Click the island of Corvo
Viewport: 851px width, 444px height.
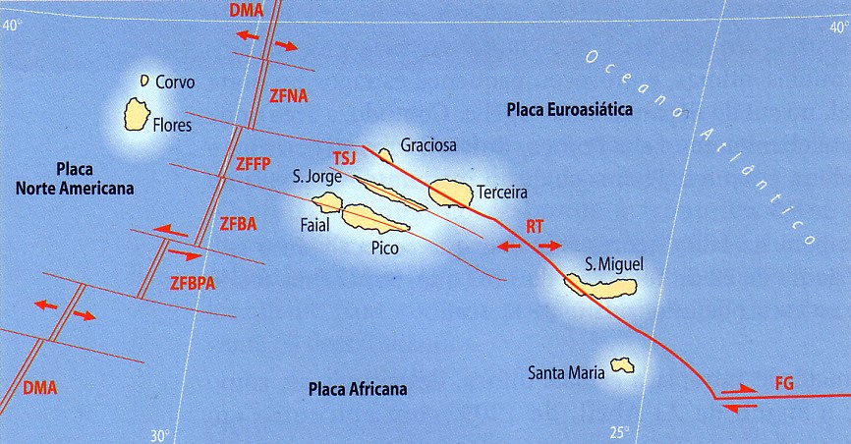point(144,80)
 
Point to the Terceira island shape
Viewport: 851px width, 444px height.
point(451,192)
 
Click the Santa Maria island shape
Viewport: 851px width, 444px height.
point(621,365)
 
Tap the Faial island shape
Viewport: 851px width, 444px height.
point(327,203)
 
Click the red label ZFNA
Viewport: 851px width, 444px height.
point(288,95)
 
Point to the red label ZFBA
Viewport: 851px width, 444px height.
point(238,223)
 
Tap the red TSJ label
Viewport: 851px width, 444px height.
point(343,158)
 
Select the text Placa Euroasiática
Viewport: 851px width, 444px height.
point(569,109)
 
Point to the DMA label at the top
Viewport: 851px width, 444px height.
point(246,10)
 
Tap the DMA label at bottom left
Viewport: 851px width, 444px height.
point(39,387)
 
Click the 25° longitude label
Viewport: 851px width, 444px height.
point(619,431)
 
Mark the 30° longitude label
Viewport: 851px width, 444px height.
point(161,435)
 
